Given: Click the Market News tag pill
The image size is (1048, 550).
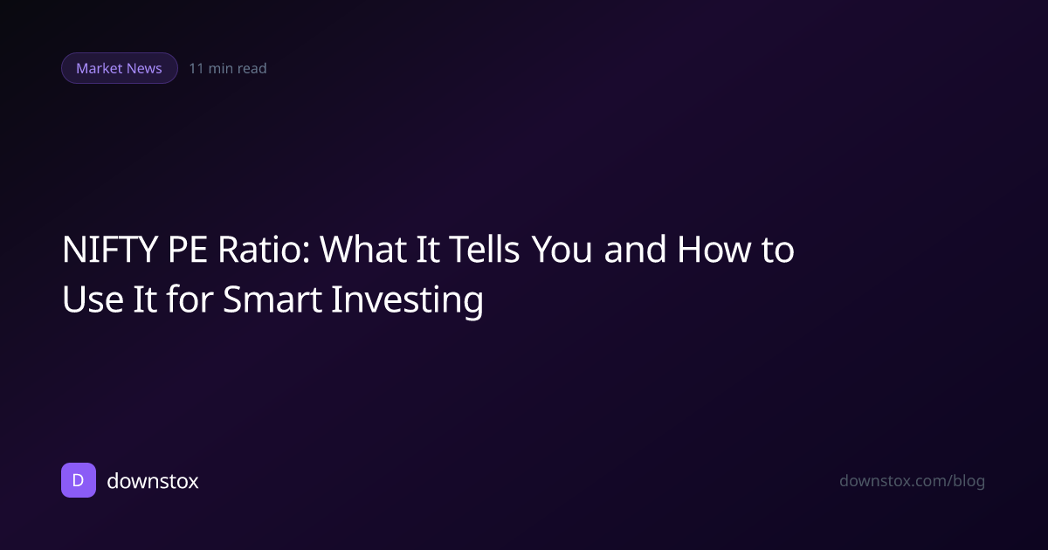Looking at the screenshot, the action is tap(120, 68).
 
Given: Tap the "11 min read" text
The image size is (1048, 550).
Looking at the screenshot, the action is tap(228, 68).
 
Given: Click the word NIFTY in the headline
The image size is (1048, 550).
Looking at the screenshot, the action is tap(110, 250).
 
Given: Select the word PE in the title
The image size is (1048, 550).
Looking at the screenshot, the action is tap(187, 250).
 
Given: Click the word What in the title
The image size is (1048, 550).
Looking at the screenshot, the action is tap(363, 250).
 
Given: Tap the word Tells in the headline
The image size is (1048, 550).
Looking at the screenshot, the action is tap(484, 250).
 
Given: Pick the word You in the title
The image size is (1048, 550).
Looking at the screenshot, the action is tap(562, 250).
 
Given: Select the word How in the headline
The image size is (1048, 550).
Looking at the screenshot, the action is tap(714, 250).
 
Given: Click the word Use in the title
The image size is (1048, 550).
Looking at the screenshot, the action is tap(93, 299).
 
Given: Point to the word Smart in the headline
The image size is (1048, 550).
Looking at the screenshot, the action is tap(272, 299).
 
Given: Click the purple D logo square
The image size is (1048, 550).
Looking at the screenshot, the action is tap(79, 480).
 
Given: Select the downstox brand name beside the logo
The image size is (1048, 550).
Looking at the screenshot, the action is tap(153, 481).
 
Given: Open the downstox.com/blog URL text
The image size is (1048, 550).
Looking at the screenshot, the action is tap(913, 481).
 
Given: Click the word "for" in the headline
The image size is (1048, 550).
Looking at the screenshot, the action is tap(190, 299).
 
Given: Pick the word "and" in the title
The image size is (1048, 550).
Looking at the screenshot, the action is tap(635, 249).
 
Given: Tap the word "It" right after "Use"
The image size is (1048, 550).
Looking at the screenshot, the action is tap(145, 299).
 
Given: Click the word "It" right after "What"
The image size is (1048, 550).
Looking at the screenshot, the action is tap(428, 250).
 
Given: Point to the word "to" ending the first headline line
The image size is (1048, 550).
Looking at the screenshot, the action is tap(777, 251).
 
